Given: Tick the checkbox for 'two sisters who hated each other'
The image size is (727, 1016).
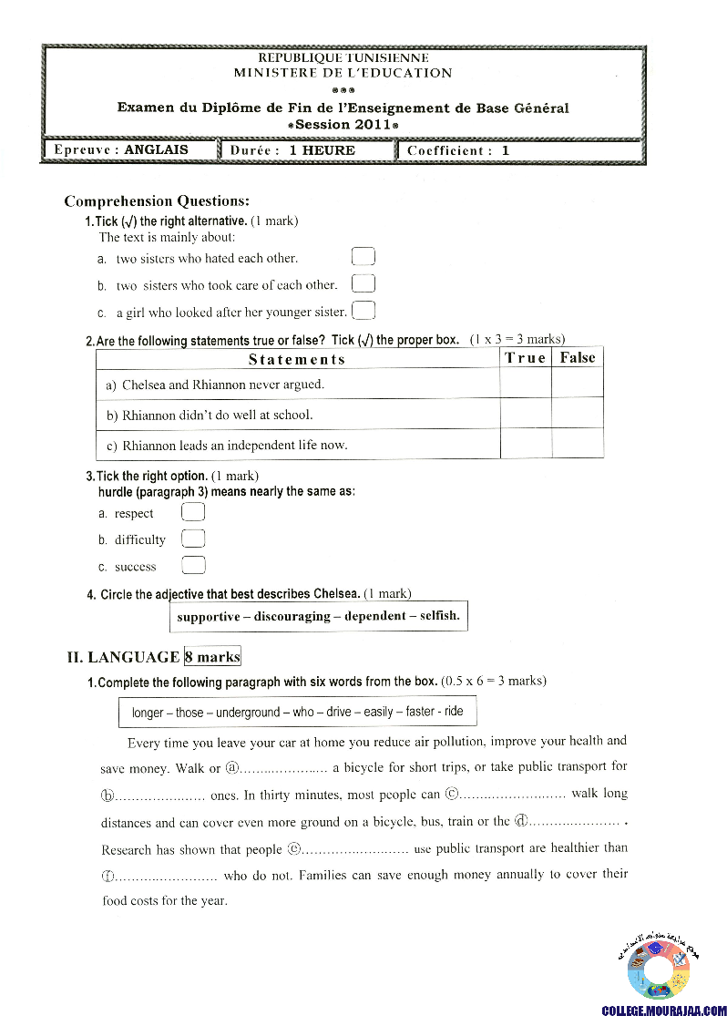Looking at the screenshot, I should (x=363, y=257).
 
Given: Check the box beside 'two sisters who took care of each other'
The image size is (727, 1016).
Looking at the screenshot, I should (x=363, y=284).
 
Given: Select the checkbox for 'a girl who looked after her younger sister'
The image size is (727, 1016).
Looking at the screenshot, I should (x=363, y=311).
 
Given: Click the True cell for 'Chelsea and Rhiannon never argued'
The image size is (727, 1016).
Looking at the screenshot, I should (x=526, y=384).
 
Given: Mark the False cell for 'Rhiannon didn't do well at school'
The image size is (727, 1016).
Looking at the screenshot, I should (x=578, y=414).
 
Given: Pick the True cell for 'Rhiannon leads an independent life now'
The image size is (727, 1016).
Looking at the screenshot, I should (x=526, y=444).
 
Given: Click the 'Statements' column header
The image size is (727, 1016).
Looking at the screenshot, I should (x=297, y=359).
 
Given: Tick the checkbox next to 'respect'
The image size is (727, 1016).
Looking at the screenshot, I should (x=193, y=513).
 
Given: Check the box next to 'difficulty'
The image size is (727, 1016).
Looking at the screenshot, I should (x=193, y=539).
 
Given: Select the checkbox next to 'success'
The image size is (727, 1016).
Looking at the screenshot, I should (x=193, y=566).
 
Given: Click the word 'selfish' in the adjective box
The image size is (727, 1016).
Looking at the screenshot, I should (x=440, y=616).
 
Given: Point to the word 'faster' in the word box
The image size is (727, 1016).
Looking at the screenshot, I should (x=420, y=712).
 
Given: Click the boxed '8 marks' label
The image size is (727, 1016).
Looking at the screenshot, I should (x=212, y=656).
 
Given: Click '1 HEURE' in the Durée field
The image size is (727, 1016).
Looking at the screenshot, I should (x=322, y=150).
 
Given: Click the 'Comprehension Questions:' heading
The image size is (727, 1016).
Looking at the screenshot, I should (x=157, y=201).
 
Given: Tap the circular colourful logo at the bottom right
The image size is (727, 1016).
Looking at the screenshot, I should (x=659, y=969).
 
